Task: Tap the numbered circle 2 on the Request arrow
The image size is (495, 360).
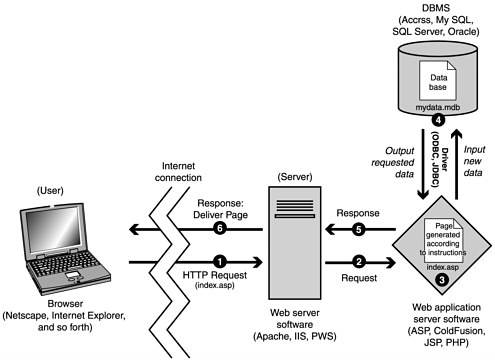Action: [359, 263]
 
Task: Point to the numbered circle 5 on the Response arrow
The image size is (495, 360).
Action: [359, 228]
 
